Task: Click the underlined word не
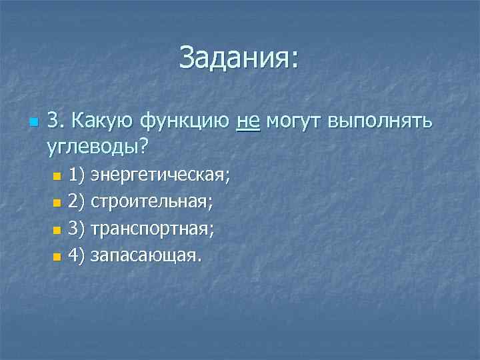248,122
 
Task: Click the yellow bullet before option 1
56,177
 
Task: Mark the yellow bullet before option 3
56,230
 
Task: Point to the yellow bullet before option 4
56,256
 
